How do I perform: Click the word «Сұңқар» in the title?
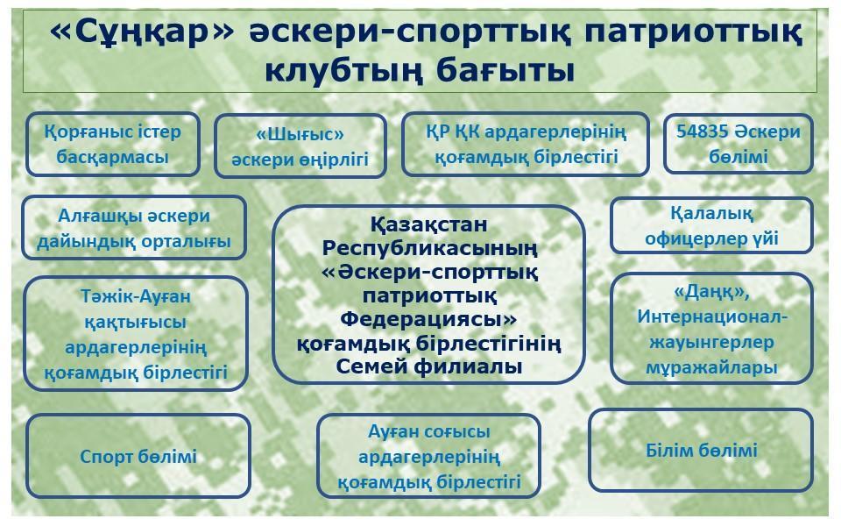(x=142, y=32)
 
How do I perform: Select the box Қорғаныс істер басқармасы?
(x=113, y=145)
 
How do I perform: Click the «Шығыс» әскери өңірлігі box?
(x=300, y=146)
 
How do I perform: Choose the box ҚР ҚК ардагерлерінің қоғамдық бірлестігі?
(x=526, y=145)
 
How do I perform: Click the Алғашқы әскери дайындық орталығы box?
(x=134, y=228)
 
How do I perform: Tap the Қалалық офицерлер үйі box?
(x=711, y=225)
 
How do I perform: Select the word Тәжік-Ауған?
(x=136, y=296)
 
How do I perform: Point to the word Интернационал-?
(x=711, y=316)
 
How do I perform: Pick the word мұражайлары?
(x=711, y=367)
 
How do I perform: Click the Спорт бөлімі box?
(x=138, y=456)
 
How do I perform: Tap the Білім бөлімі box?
(x=701, y=450)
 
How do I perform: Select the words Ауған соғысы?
(x=429, y=431)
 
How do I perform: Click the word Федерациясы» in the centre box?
(x=428, y=319)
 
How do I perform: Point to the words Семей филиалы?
(x=429, y=367)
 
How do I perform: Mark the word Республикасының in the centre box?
(x=429, y=248)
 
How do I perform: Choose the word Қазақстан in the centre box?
(x=429, y=224)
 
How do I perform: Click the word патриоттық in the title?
(x=693, y=32)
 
